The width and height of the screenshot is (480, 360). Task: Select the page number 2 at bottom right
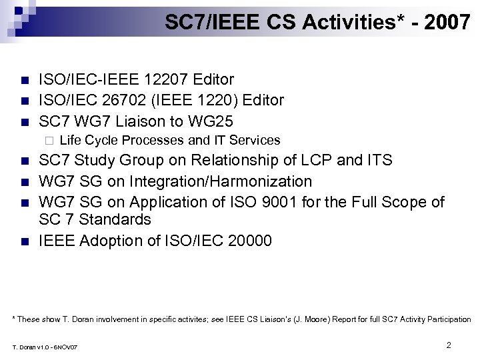click(x=449, y=345)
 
